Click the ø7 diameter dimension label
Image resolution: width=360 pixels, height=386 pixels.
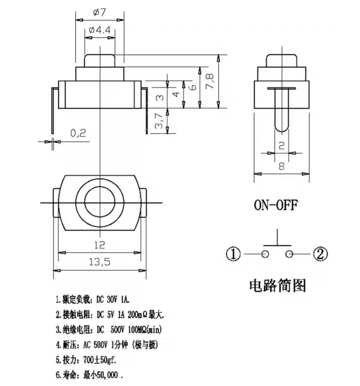pos(100,13)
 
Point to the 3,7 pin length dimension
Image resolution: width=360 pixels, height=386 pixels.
pos(159,120)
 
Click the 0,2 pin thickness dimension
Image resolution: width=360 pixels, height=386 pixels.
pos(78,133)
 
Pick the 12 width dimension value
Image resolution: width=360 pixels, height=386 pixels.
pos(100,245)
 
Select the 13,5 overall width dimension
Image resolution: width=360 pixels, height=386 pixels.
pos(100,262)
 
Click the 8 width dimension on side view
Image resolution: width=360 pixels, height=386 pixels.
pos(282,165)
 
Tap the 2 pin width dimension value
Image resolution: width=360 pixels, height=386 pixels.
pos(281,146)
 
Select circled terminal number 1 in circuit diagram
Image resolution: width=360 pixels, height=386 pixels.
pos(233,253)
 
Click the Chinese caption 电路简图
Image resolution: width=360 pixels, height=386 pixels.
pos(277,286)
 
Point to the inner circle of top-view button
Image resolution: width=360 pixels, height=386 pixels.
pos(100,202)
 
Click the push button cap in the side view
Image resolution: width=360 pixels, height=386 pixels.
pos(282,60)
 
